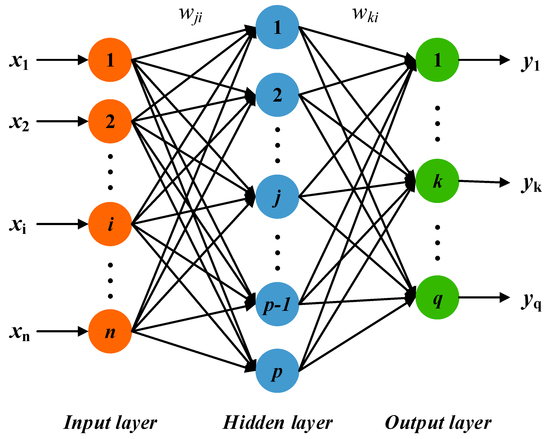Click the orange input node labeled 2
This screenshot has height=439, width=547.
click(110, 121)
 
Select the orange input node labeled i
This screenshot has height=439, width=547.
click(110, 224)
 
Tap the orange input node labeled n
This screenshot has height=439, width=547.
click(110, 331)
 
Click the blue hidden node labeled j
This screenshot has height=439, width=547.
click(277, 197)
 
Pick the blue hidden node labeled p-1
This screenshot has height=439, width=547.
click(277, 304)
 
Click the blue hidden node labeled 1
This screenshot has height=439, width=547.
click(277, 27)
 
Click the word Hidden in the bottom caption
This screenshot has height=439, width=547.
click(253, 423)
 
